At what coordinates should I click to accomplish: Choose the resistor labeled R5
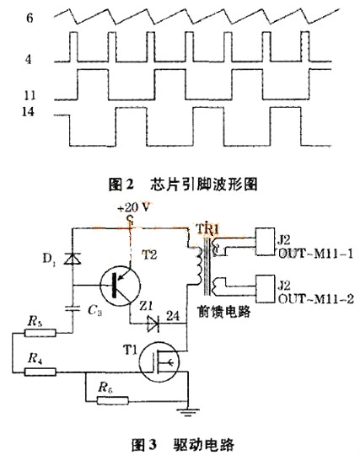[34, 332]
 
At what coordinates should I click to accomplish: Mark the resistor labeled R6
[106, 389]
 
